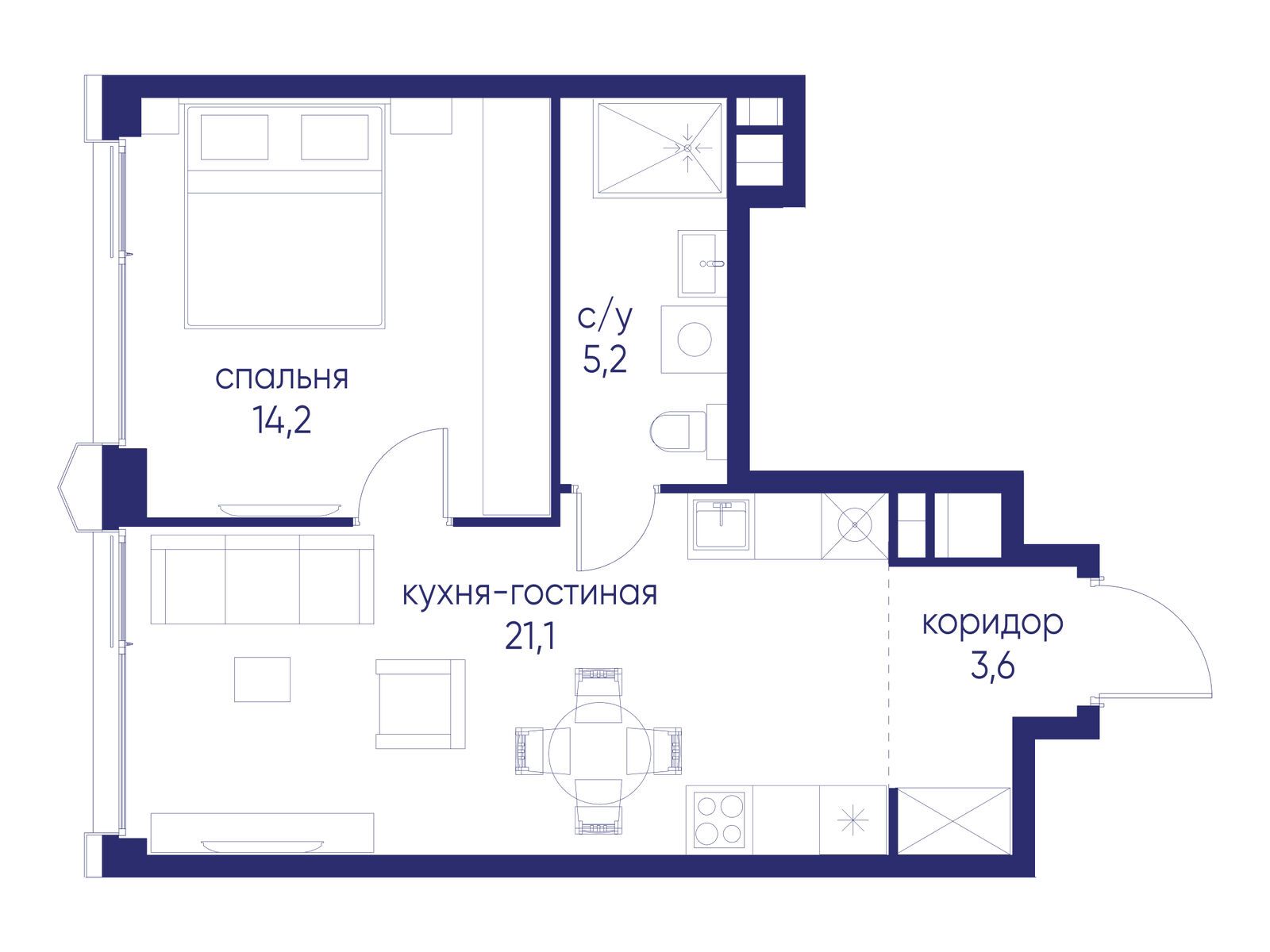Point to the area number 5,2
click(605, 361)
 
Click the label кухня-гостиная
click(529, 593)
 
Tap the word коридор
click(992, 624)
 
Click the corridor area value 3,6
click(992, 668)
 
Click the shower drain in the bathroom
click(687, 148)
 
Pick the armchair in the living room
click(419, 704)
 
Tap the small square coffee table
click(262, 679)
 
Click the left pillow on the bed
click(234, 137)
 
